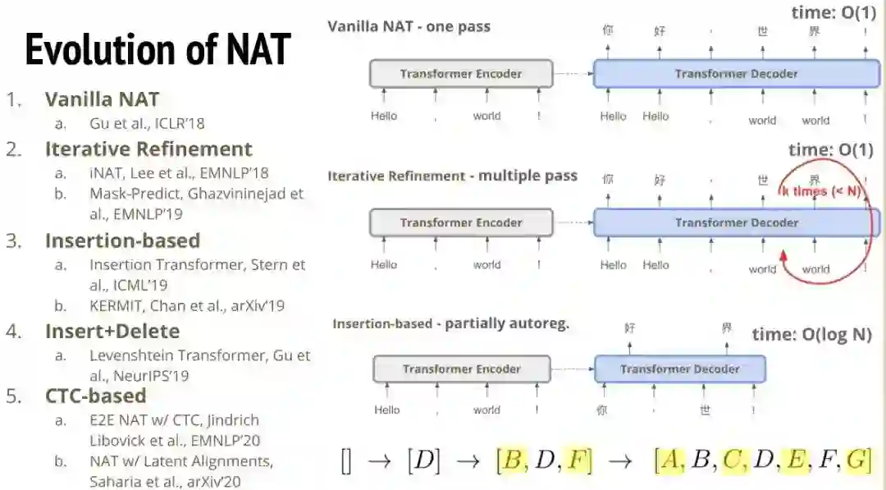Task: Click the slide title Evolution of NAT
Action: click(x=158, y=50)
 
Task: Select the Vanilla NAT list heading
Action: click(x=102, y=100)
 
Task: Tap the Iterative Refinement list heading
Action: click(x=148, y=149)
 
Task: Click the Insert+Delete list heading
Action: click(x=112, y=332)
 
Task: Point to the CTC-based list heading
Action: click(x=95, y=396)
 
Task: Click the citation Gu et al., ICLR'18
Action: click(x=147, y=124)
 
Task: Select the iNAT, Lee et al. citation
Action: click(x=179, y=173)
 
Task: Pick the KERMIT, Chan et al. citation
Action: click(x=187, y=306)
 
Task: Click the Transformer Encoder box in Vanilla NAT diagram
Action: click(x=461, y=74)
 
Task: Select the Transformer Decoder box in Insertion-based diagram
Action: click(x=679, y=369)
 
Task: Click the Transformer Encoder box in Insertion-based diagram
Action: click(x=461, y=369)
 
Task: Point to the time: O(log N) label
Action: click(x=811, y=334)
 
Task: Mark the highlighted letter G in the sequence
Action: click(x=858, y=460)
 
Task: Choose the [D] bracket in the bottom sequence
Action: click(x=423, y=461)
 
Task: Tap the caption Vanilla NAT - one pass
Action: click(x=409, y=26)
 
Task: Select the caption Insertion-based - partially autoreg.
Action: click(x=450, y=323)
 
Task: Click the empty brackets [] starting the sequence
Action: click(x=345, y=461)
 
